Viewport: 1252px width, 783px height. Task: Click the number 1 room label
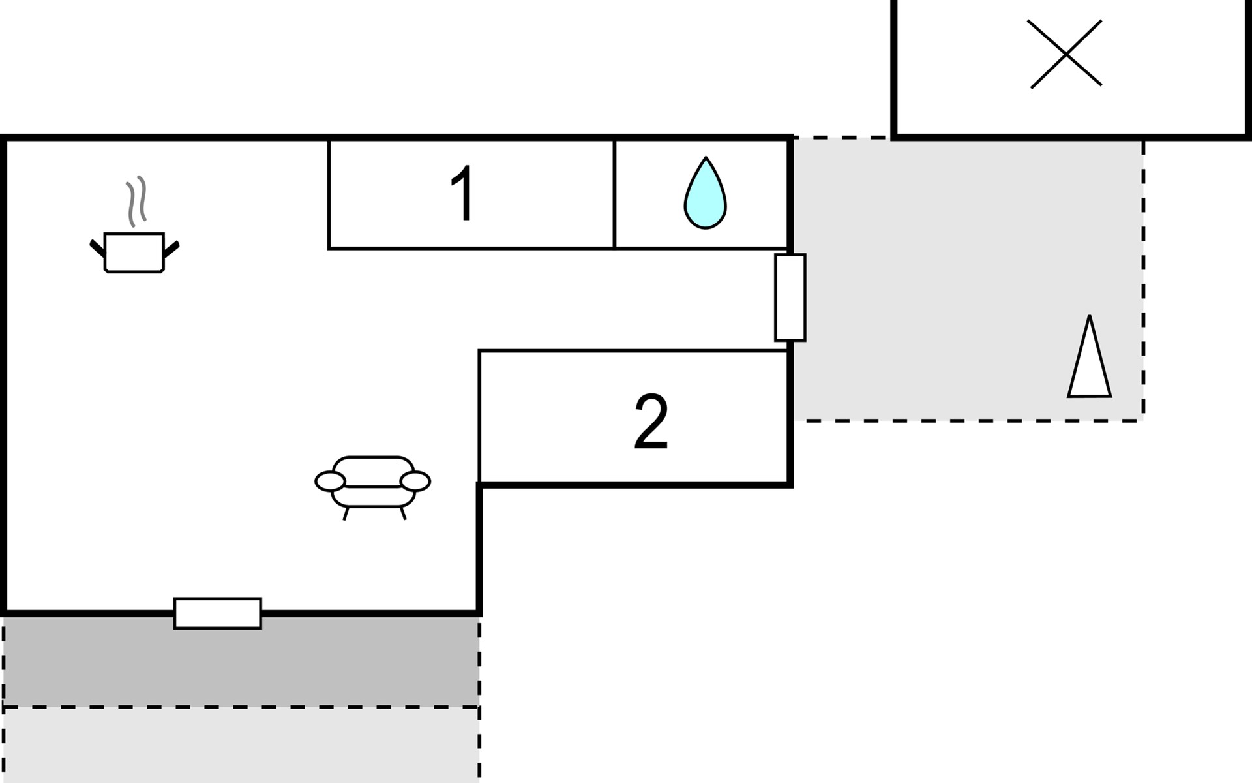tap(463, 193)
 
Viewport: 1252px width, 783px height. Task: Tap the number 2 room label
tap(651, 422)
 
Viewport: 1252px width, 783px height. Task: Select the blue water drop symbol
tap(705, 192)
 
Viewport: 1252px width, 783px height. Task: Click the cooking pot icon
tap(134, 252)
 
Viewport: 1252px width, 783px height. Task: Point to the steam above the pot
tap(136, 201)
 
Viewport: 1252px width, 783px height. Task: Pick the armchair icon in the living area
tap(373, 487)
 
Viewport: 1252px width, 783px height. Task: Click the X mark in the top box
tap(1066, 54)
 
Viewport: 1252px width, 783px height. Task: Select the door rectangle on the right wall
tap(790, 298)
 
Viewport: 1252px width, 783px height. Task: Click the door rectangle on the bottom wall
tap(218, 613)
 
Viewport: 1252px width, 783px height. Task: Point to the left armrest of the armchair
tap(330, 482)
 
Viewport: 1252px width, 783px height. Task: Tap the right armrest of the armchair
tap(415, 482)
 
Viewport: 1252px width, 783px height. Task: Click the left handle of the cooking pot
tap(97, 248)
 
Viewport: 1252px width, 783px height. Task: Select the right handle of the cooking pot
tap(171, 249)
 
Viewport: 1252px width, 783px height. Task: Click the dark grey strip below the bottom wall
tap(241, 661)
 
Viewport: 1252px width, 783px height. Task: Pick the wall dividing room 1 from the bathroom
tap(614, 194)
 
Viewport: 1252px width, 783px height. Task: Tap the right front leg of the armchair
tap(403, 513)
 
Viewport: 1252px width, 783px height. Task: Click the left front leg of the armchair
tap(346, 513)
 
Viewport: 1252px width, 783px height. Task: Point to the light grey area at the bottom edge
tap(241, 745)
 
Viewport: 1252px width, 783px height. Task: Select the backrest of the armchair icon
tap(373, 471)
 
